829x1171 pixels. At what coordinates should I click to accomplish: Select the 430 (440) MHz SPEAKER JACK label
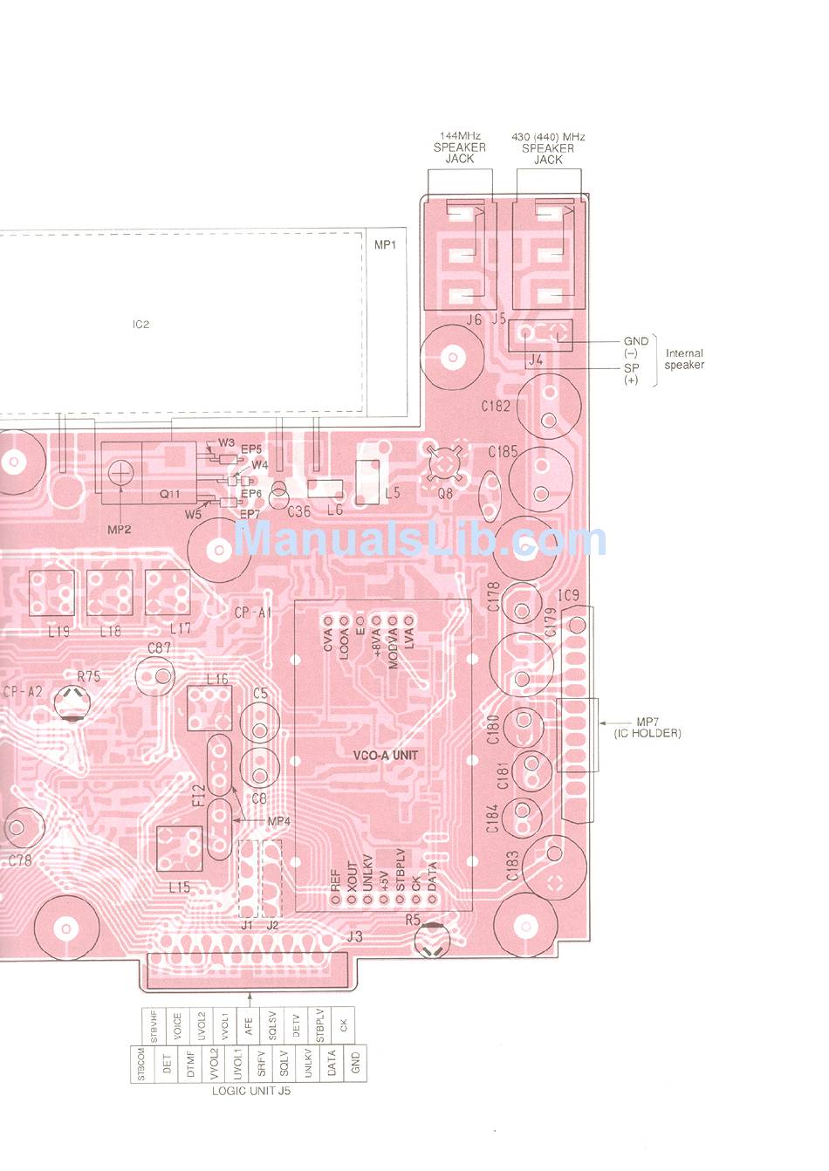click(x=548, y=147)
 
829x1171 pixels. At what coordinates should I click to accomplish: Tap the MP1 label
click(x=385, y=245)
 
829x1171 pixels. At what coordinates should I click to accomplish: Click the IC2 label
click(x=140, y=324)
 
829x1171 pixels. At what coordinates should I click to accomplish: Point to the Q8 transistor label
click(x=445, y=493)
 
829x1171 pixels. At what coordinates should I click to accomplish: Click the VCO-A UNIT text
click(x=385, y=755)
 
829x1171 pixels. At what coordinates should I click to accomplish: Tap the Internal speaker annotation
click(x=684, y=359)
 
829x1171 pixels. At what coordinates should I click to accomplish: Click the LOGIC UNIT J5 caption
click(x=250, y=1091)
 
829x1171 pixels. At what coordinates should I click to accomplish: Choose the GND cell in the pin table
click(x=355, y=1064)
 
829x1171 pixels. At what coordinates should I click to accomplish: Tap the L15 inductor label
click(x=179, y=887)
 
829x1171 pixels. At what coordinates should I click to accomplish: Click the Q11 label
click(x=169, y=494)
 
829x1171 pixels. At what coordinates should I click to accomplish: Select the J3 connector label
click(x=354, y=937)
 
